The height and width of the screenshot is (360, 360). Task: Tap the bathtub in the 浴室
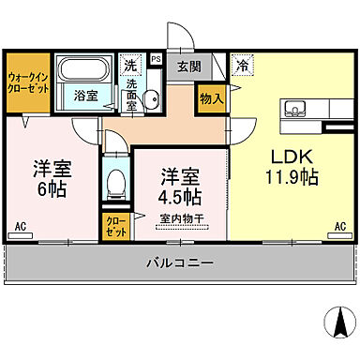coord(84,71)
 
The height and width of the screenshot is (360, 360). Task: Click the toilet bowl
coord(115,180)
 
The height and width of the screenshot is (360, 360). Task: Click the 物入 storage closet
coord(211,98)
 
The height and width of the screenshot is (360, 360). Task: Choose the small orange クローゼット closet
coord(113,225)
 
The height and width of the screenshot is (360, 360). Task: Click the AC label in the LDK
coord(340,227)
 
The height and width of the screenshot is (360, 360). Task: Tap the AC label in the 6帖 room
coord(20,227)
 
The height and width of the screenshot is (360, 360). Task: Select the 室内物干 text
coord(181,219)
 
